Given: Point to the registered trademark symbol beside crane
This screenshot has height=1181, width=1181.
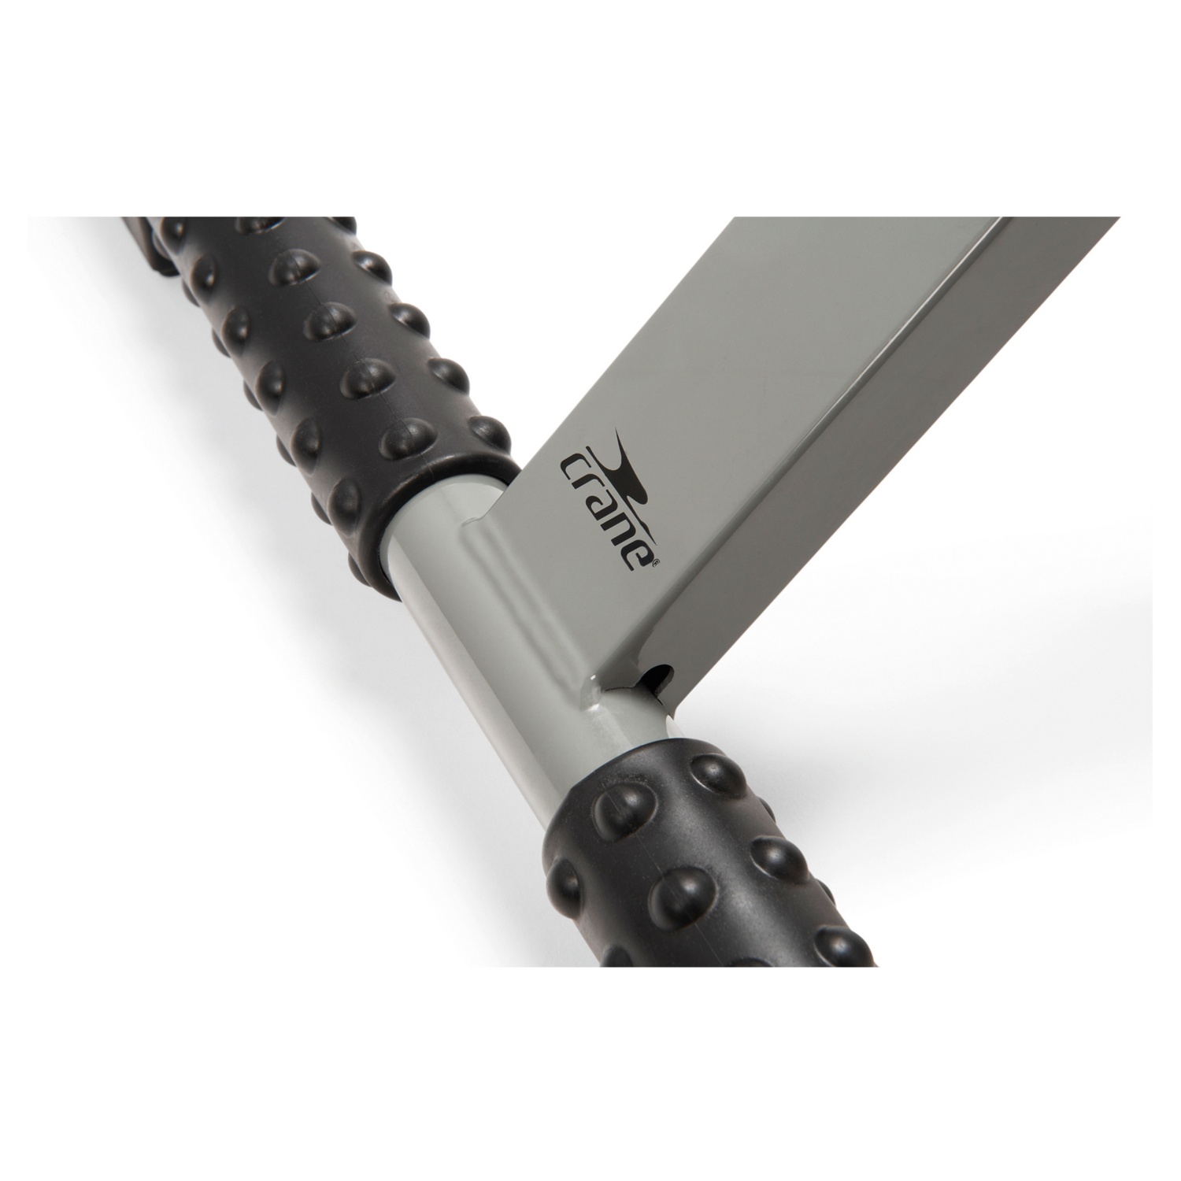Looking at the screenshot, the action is coord(656,561).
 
